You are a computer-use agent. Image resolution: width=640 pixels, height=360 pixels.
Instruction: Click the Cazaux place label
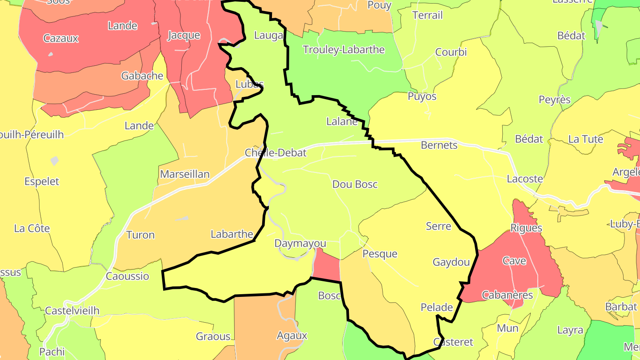coord(61,38)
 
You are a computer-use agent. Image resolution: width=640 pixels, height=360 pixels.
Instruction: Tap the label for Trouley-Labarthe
coord(344,50)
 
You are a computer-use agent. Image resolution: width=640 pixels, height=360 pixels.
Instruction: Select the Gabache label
coord(142,76)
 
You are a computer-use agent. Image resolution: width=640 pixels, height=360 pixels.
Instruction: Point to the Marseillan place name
coord(184,174)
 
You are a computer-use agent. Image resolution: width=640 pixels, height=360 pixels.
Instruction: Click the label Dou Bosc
coord(355,184)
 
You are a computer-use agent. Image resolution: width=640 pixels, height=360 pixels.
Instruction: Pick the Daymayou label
coord(300,244)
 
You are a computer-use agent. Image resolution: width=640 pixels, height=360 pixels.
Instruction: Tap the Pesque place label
coord(380,254)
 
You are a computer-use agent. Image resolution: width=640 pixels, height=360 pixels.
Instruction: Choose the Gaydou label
coord(451,262)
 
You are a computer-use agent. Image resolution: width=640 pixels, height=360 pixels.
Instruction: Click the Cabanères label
coord(507,295)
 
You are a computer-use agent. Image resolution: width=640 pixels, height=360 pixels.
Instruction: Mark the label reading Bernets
coord(439,145)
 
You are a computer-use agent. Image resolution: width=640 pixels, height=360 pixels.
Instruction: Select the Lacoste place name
coord(525,179)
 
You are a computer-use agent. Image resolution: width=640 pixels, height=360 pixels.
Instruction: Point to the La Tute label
coord(585,140)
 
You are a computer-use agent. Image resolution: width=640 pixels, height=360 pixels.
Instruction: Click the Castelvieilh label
coord(72,311)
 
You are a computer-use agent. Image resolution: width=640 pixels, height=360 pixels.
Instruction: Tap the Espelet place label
coord(42,181)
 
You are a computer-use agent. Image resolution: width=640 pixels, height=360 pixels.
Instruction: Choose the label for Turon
coord(140,235)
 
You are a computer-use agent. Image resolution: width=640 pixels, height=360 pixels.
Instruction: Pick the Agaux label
coord(292,336)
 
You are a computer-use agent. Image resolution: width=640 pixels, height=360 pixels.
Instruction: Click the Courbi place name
coord(451,52)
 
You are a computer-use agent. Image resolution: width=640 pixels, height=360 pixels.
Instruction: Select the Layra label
coord(570,330)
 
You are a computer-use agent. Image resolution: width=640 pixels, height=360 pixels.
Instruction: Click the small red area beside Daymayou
coord(327,266)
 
